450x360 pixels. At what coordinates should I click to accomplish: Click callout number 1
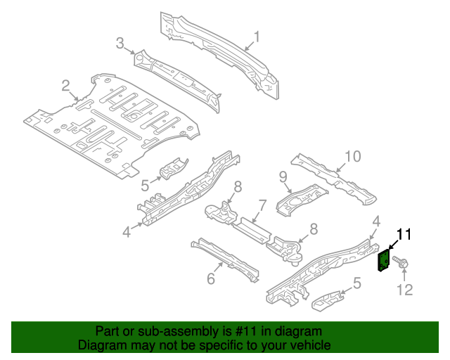257,37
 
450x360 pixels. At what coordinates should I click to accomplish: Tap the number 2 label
65,86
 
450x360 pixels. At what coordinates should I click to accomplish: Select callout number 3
120,44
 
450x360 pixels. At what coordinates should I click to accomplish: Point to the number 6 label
210,279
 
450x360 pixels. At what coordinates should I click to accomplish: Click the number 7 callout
262,206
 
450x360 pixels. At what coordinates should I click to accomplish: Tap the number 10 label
352,155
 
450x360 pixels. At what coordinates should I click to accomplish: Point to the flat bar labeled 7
250,230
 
